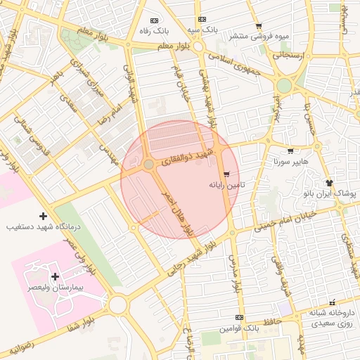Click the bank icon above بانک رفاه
point(155,20)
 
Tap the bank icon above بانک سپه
point(202,20)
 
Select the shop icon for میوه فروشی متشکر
point(258,26)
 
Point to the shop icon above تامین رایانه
point(226,174)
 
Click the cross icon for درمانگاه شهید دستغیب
point(44,216)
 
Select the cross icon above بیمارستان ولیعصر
point(55,277)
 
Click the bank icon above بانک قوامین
point(239,318)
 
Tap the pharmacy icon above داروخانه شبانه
point(332,302)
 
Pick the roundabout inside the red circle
point(148,165)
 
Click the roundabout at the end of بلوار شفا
point(117,304)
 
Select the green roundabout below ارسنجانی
point(284,86)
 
